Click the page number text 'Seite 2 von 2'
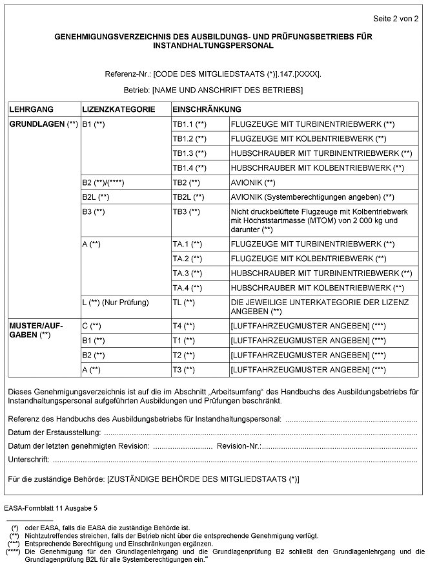(x=396, y=19)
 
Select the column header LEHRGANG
(x=32, y=109)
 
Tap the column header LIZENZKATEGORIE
(x=118, y=109)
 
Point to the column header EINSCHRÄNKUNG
(x=207, y=109)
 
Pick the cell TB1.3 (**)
(x=189, y=154)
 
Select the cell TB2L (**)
(x=188, y=197)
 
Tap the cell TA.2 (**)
(x=187, y=259)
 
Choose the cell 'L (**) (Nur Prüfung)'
(x=116, y=302)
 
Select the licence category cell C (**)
(x=92, y=325)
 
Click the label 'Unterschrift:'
(x=29, y=460)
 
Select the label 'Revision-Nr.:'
(x=239, y=446)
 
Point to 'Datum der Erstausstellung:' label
(x=55, y=433)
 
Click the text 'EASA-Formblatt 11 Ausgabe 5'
(x=50, y=509)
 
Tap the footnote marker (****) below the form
(x=12, y=551)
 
